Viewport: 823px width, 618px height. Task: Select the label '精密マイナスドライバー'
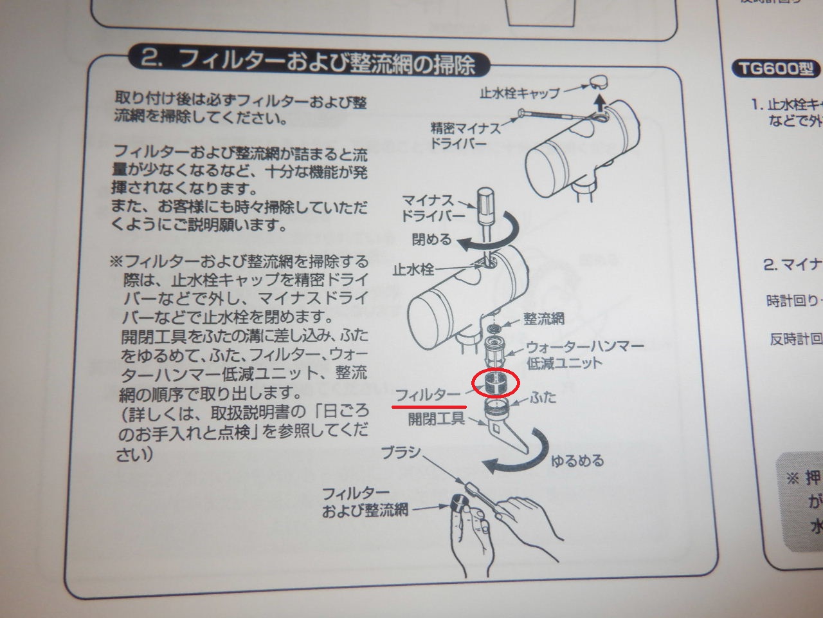tap(466, 135)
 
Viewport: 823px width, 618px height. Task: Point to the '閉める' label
tap(431, 239)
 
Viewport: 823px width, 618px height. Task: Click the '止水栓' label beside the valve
tap(413, 268)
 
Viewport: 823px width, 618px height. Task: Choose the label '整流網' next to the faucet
tap(544, 318)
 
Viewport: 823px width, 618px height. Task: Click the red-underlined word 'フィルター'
tap(428, 394)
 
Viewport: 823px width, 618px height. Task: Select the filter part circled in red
tap(495, 382)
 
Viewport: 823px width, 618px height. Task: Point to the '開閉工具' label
tap(437, 419)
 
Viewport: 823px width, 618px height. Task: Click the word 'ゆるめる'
tap(578, 460)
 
